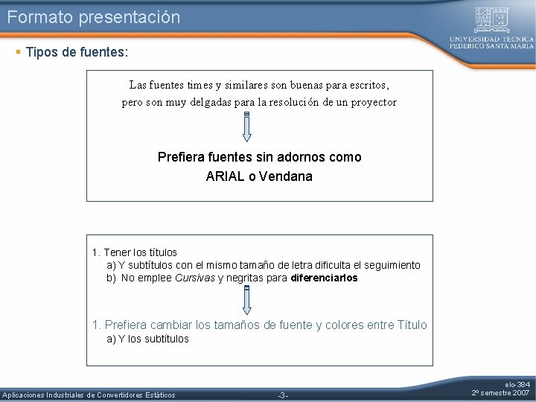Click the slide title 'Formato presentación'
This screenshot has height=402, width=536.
point(94,17)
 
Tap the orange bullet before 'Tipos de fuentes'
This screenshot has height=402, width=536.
point(18,52)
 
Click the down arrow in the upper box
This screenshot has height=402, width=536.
point(247,126)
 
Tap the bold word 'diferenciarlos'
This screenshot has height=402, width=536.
point(324,278)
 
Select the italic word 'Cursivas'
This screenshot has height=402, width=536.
point(194,278)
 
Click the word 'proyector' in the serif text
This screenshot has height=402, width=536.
point(372,102)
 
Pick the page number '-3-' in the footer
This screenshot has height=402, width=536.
point(282,395)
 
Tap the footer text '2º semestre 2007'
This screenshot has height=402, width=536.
point(501,392)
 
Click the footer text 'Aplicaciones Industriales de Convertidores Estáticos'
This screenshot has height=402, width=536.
point(89,395)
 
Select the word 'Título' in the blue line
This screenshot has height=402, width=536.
point(412,325)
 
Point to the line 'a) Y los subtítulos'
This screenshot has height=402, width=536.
point(148,339)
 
